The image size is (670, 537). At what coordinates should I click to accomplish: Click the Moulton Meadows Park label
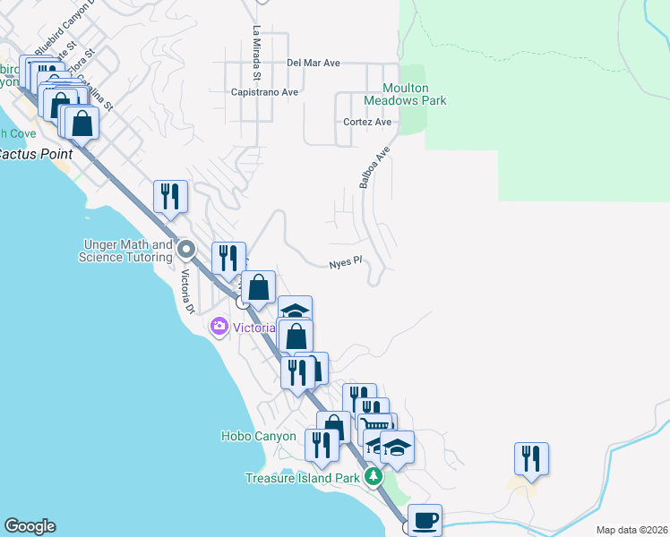pyautogui.click(x=414, y=94)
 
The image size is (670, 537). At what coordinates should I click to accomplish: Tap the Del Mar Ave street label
pyautogui.click(x=314, y=63)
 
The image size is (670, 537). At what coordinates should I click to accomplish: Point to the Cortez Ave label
pyautogui.click(x=367, y=122)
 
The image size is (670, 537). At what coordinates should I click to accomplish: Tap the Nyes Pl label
pyautogui.click(x=344, y=262)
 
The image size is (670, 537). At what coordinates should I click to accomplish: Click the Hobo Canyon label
pyautogui.click(x=258, y=436)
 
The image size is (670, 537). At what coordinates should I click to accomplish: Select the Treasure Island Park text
pyautogui.click(x=303, y=477)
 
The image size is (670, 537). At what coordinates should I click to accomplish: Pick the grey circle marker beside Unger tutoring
pyautogui.click(x=186, y=248)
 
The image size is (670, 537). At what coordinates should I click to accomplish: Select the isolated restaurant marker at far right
pyautogui.click(x=531, y=458)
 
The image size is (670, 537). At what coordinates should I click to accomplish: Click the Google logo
pyautogui.click(x=30, y=526)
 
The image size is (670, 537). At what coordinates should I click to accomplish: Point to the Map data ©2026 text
pyautogui.click(x=631, y=530)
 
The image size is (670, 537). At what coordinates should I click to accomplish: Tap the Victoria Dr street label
pyautogui.click(x=188, y=292)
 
